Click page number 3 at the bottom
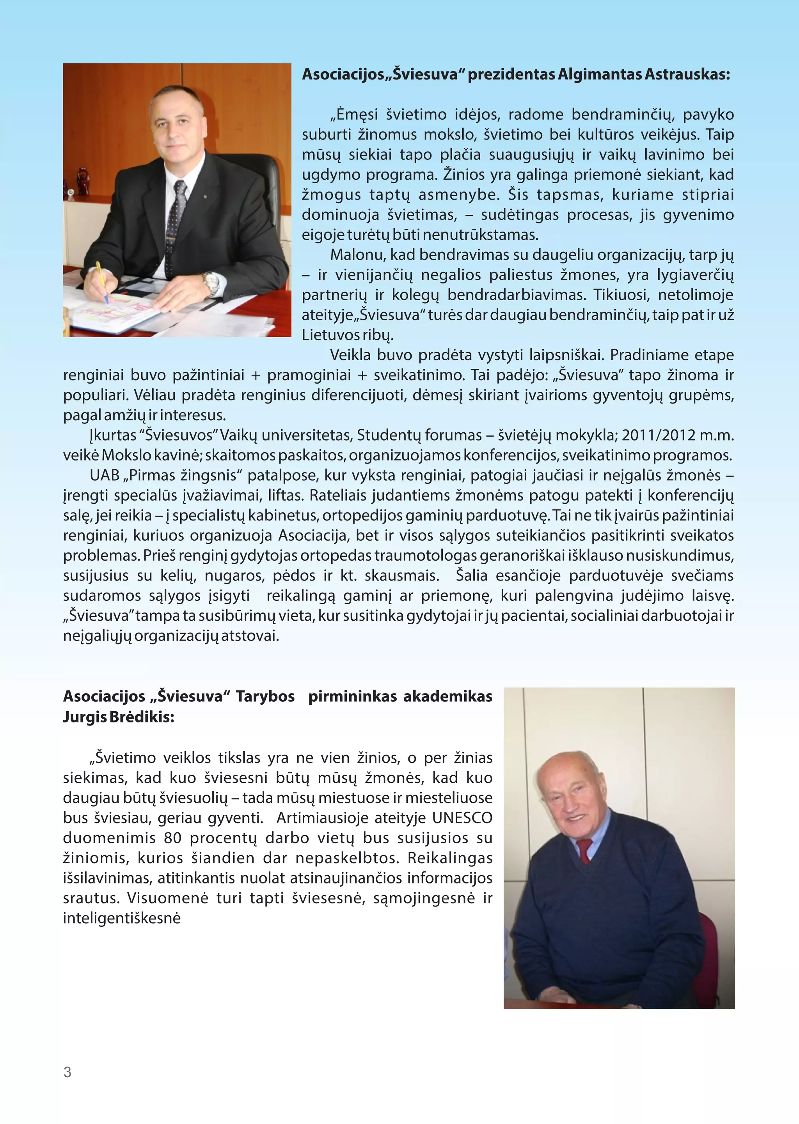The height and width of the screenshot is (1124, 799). point(67,1072)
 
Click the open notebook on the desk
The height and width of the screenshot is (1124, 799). point(113,315)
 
